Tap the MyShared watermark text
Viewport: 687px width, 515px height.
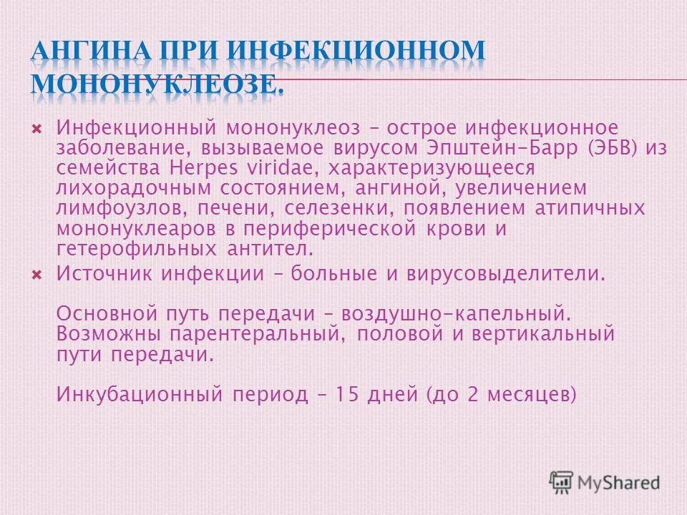click(x=620, y=482)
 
